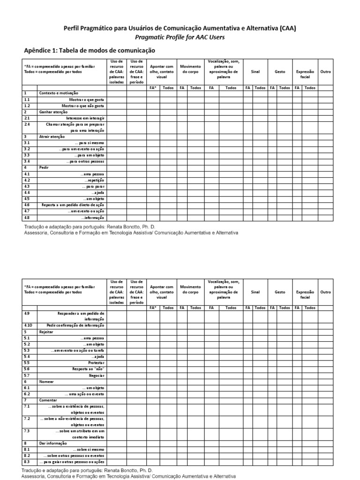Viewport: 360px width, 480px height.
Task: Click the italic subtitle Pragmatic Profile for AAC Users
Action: click(x=180, y=37)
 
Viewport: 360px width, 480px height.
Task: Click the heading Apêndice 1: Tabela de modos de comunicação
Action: click(x=89, y=50)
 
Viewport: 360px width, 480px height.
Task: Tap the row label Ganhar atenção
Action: click(x=53, y=112)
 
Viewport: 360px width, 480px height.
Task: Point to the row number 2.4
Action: click(x=27, y=125)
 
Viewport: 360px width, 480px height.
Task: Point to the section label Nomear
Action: click(x=46, y=382)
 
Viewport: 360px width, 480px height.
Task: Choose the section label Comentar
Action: click(x=48, y=400)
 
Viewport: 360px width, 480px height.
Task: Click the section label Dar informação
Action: click(x=53, y=443)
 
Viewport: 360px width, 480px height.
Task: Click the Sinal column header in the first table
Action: click(x=255, y=72)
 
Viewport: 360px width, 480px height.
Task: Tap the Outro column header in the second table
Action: click(x=325, y=292)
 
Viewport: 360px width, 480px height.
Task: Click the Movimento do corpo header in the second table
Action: click(x=191, y=289)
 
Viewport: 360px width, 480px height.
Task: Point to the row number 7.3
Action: click(x=27, y=431)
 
